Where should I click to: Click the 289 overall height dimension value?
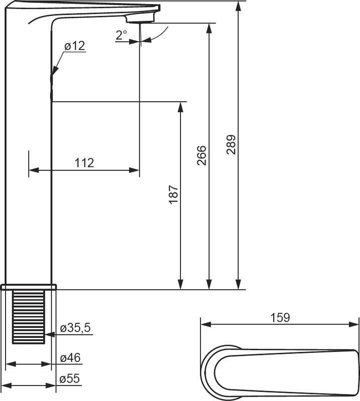click(x=231, y=145)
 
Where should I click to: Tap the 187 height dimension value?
click(x=173, y=195)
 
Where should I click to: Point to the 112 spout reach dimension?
click(x=84, y=163)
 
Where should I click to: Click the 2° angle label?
click(x=121, y=35)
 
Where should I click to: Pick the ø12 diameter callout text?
click(x=75, y=46)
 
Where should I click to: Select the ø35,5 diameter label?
click(x=75, y=328)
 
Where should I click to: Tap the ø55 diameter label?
click(x=70, y=379)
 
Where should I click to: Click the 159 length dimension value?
click(x=280, y=317)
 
